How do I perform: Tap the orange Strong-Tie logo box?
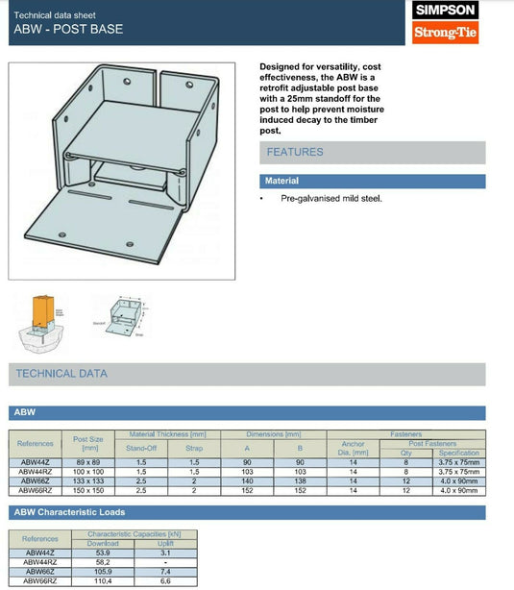(x=444, y=35)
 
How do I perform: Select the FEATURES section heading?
(x=295, y=152)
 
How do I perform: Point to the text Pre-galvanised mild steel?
(x=331, y=198)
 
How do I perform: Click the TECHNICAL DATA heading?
(x=61, y=374)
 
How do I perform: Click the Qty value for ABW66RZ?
(x=405, y=490)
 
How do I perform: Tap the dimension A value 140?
(x=247, y=480)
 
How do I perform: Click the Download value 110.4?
(x=103, y=581)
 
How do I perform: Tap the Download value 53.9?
(x=103, y=553)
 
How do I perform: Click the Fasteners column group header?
(x=405, y=434)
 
